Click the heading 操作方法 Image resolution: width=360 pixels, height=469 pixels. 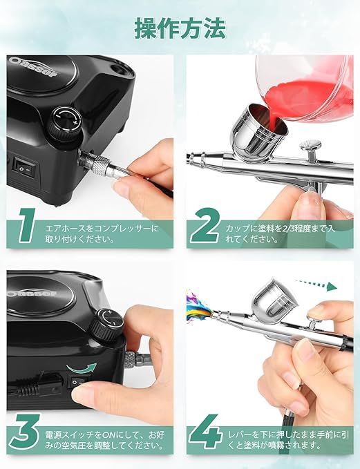(x=180, y=28)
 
